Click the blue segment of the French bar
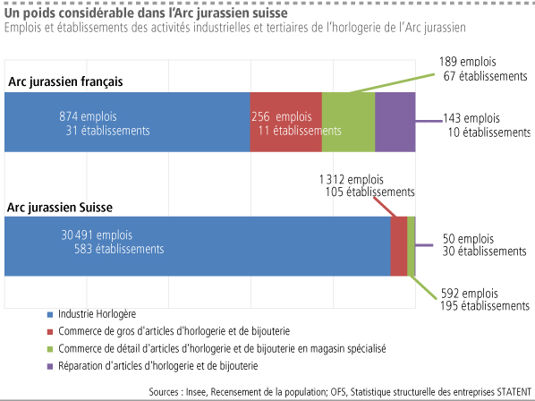127,122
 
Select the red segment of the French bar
286,122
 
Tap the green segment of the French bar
348,122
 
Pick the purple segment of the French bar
395,122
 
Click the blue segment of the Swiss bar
197,246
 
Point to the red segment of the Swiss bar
399,246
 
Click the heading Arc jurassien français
65,82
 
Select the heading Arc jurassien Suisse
60,208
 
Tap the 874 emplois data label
88,116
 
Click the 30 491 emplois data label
97,235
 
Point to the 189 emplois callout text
467,62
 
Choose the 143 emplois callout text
471,118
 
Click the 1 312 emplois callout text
352,180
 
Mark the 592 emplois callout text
470,294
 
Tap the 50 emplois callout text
468,239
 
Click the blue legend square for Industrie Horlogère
50,315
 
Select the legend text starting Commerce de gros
174,331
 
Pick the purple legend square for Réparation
50,367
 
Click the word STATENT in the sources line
514,392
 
